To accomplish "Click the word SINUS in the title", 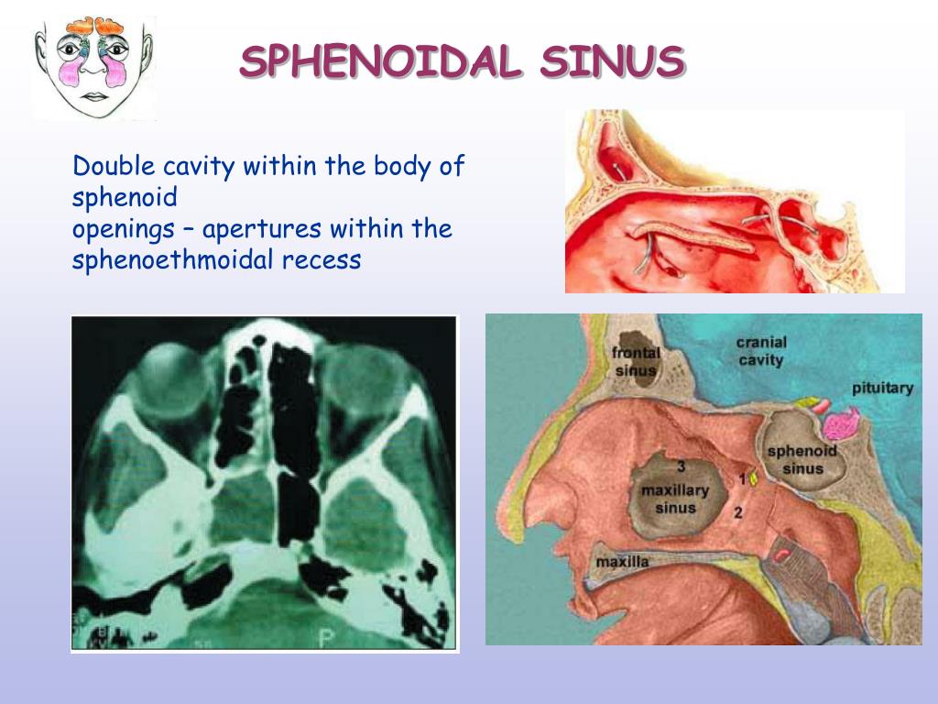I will tap(612, 61).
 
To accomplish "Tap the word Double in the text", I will tap(114, 167).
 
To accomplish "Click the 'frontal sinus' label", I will tap(635, 360).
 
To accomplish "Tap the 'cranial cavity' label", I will tap(761, 351).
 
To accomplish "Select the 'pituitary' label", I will tap(882, 388).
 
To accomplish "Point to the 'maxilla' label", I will tap(622, 561).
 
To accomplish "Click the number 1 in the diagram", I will tap(742, 478).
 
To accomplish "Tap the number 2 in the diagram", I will tap(738, 511).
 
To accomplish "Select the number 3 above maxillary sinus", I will tap(682, 466).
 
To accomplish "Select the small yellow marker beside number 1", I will tap(753, 478).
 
